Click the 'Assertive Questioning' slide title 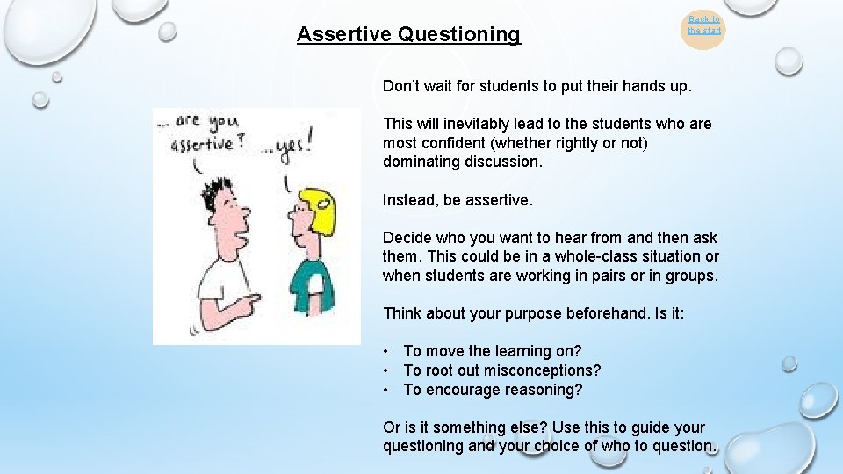408,34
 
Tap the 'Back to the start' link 703,25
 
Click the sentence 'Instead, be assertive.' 458,200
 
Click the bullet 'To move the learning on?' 492,351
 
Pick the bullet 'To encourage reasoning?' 493,390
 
